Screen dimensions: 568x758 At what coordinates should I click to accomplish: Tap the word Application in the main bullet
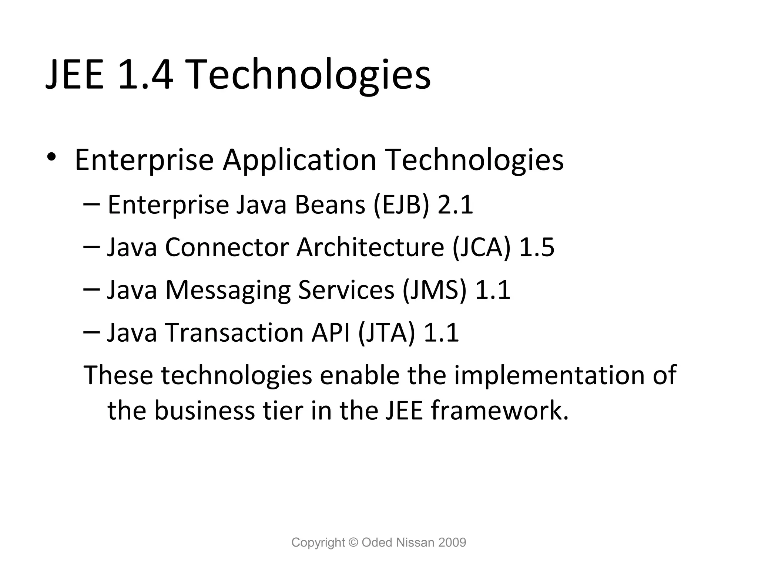299,160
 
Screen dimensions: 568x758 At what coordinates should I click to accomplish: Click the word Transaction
235,332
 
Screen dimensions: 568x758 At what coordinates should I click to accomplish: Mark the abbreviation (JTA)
386,332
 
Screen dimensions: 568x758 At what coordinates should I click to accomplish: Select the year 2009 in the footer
452,542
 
